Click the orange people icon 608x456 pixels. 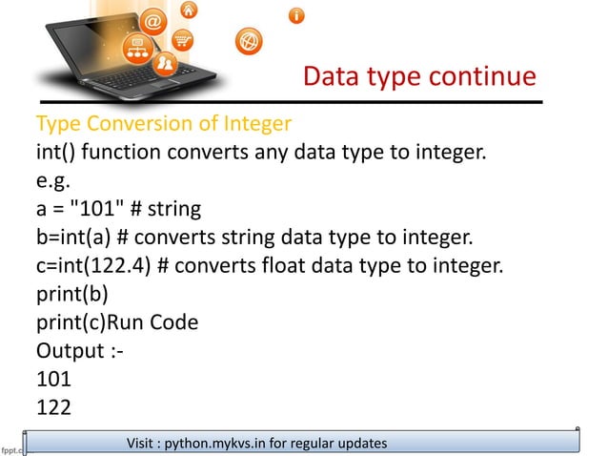pyautogui.click(x=167, y=64)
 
